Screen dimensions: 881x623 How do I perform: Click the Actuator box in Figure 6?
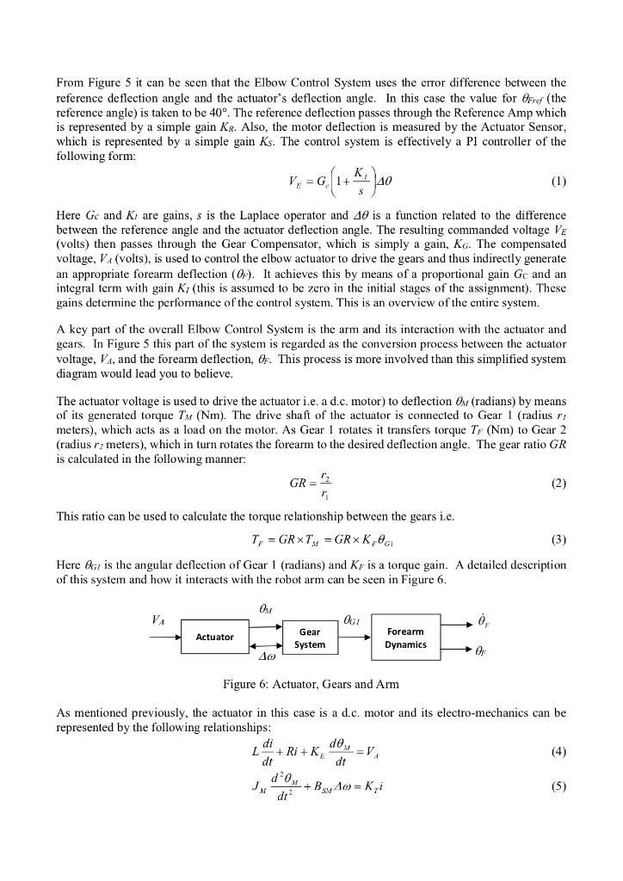tap(215, 637)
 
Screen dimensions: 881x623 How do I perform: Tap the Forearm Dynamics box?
tap(406, 638)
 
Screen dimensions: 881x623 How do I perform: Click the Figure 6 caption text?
tap(311, 684)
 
